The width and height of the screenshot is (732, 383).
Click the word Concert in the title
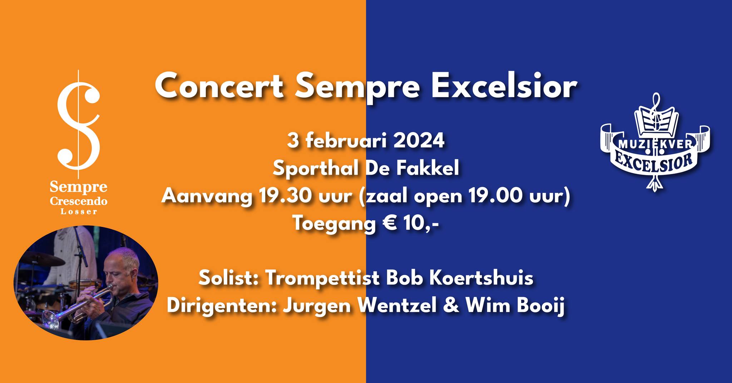click(x=219, y=86)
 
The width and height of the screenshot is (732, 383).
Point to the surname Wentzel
click(x=397, y=307)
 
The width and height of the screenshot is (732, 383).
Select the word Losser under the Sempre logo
click(x=79, y=212)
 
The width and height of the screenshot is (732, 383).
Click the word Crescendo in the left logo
click(x=79, y=201)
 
